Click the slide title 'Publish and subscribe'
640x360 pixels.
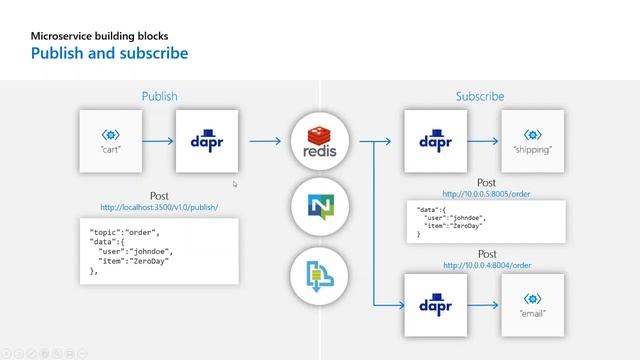point(109,52)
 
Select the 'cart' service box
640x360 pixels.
point(110,141)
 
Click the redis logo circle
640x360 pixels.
point(319,141)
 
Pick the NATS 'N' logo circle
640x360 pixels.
point(319,207)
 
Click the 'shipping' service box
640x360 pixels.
point(532,141)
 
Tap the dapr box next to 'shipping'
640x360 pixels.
point(436,141)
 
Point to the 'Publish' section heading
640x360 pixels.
point(159,97)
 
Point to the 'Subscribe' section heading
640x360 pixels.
point(480,97)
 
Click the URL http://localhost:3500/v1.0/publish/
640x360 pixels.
point(159,207)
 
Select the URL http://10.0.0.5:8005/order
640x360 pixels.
point(487,192)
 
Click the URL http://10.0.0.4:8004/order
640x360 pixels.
point(487,265)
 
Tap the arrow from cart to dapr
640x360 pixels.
point(158,141)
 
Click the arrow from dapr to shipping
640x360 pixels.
point(483,141)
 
